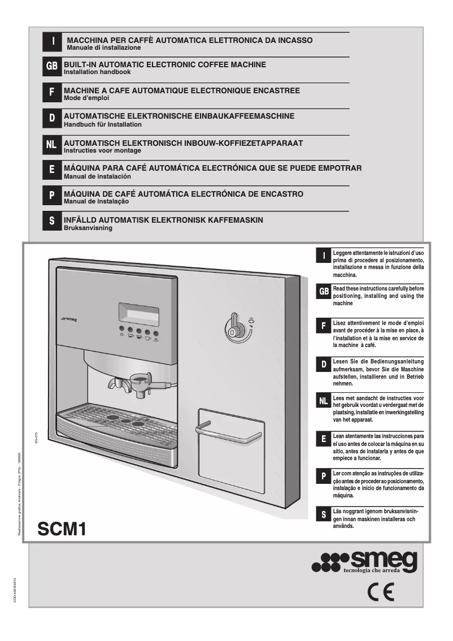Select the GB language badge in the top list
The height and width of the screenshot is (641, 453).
tap(52, 66)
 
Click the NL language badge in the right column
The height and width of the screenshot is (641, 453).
tap(323, 401)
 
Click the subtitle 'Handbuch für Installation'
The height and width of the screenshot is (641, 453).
tap(102, 124)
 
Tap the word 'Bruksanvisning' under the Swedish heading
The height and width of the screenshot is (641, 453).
tap(88, 228)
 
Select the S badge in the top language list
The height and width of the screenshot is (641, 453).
tap(52, 222)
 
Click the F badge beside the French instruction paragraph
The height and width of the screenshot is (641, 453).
tap(323, 327)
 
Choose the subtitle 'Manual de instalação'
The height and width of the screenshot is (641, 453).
tap(97, 202)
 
